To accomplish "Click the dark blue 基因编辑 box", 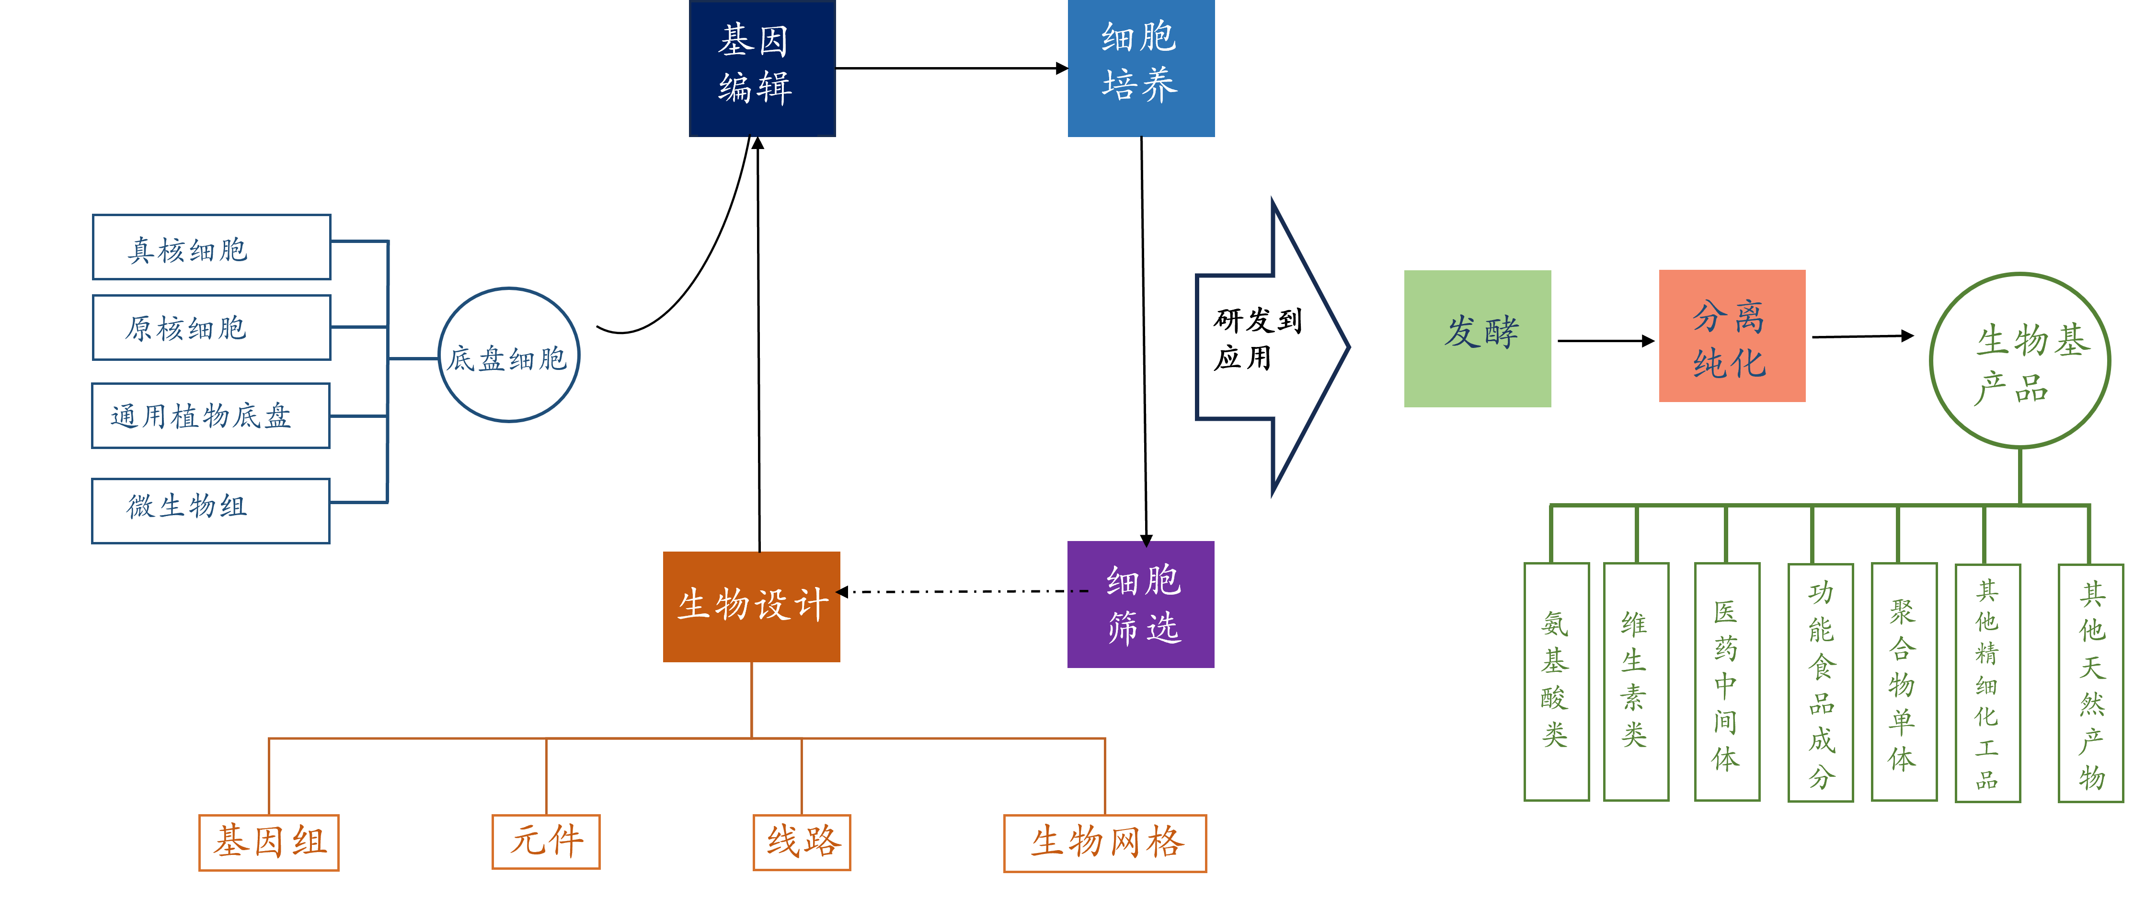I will click(762, 68).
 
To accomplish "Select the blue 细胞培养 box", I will click(1141, 68).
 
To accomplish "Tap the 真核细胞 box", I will click(211, 247).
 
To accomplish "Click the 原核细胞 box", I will click(211, 327).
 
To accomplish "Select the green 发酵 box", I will click(1477, 338).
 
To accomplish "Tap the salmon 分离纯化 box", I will click(1732, 335).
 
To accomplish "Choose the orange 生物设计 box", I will click(751, 606).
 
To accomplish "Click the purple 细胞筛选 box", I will click(1141, 604).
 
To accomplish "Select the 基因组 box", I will click(268, 842).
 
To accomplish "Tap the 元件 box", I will click(546, 841).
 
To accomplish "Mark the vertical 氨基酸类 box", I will click(1556, 681).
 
